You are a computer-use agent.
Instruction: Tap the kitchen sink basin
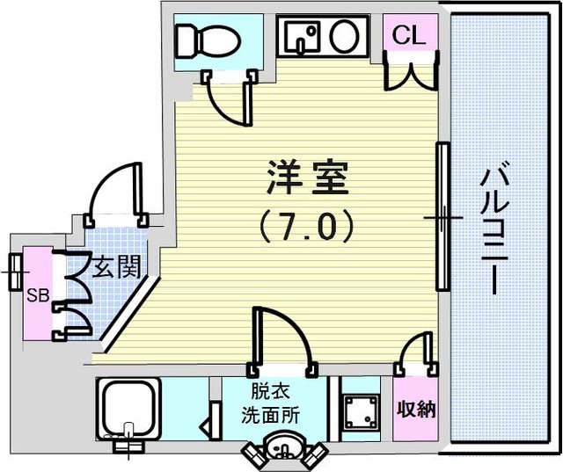[303, 35]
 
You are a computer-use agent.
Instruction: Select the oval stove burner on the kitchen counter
[345, 36]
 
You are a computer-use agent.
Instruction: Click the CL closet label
[409, 35]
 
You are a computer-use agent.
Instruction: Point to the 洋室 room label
[308, 178]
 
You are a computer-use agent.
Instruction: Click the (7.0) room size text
[308, 226]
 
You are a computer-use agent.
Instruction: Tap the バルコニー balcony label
[495, 231]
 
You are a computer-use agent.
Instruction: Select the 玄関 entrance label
[117, 267]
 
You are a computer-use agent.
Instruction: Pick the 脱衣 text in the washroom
[270, 394]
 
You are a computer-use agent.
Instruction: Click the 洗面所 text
[270, 416]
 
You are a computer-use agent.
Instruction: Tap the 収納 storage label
[416, 409]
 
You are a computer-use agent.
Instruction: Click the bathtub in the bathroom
[128, 409]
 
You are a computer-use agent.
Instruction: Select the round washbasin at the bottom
[283, 447]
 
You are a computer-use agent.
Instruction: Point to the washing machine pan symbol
[361, 412]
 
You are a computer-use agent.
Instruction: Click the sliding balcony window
[442, 217]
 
